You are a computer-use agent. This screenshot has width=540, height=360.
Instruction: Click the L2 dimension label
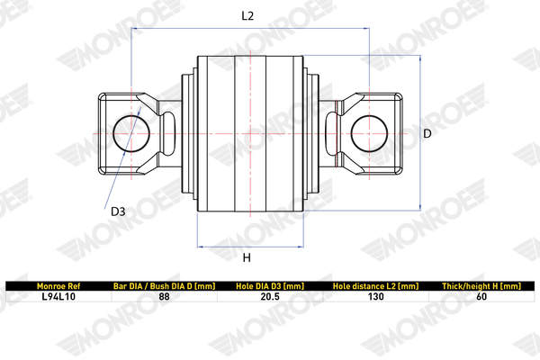coord(248,15)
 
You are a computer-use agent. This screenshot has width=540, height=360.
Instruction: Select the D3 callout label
coord(118,212)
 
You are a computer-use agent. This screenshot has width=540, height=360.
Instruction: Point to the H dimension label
coord(247,258)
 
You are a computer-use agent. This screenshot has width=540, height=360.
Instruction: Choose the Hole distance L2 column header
coord(375,285)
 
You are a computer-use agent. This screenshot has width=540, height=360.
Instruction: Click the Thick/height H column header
coord(481,285)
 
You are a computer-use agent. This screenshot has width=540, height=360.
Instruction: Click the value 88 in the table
coord(164,295)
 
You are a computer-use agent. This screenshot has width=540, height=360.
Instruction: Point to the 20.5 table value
coord(269,295)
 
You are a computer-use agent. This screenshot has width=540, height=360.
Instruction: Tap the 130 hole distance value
coord(375,295)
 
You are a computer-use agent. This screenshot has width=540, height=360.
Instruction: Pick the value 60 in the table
coord(481,295)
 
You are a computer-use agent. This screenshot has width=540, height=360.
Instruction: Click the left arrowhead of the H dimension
coord(199,246)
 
